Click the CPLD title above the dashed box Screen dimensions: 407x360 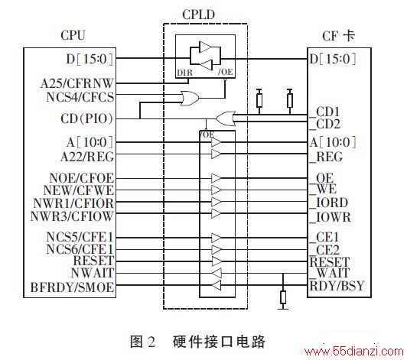(199, 15)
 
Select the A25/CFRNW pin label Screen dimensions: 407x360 (77, 83)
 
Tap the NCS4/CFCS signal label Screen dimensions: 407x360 (80, 97)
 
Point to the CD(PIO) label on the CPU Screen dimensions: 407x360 (87, 118)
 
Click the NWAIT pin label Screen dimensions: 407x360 (93, 273)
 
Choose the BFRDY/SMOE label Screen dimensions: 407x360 (73, 287)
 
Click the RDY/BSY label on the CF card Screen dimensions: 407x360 (337, 286)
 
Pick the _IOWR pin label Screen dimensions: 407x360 (330, 217)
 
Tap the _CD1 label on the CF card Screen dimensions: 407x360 (324, 112)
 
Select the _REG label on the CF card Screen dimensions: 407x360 (326, 157)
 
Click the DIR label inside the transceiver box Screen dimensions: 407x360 (185, 73)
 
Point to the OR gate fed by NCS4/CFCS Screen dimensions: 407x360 (190, 99)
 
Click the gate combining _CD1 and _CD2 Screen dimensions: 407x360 (226, 118)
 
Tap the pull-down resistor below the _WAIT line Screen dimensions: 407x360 (283, 297)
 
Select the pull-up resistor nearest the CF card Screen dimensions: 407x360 (290, 100)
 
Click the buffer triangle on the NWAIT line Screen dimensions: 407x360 (217, 273)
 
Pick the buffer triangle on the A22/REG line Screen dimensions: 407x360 (217, 154)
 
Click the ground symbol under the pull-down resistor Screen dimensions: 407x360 (283, 309)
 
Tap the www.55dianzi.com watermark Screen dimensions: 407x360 (353, 352)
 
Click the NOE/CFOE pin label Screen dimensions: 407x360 (82, 178)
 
